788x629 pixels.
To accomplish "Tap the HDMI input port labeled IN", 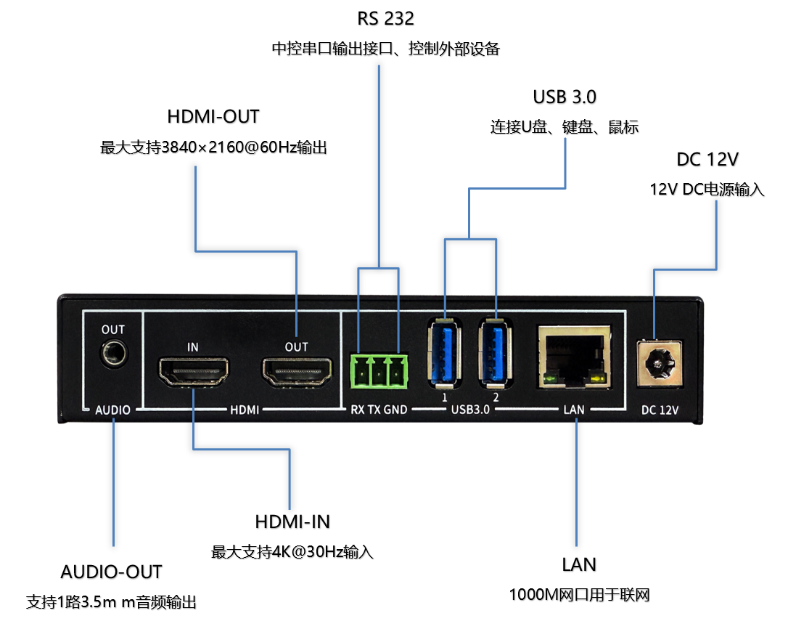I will pos(193,371).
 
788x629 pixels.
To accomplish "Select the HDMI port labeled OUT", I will pos(296,371).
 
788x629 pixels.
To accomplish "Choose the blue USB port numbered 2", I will pos(496,354).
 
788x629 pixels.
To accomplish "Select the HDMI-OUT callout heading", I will pos(213,117).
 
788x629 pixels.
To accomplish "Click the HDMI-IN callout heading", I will pos(292,522).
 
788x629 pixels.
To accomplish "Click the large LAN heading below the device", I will pos(578,564).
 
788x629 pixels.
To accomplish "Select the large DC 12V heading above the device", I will pos(707,160).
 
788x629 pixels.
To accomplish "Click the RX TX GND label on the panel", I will pos(378,410).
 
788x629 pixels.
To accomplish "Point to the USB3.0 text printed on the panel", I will pos(469,410).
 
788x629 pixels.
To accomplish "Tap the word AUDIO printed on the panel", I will pos(113,410).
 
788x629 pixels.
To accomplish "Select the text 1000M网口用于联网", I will pos(578,595).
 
